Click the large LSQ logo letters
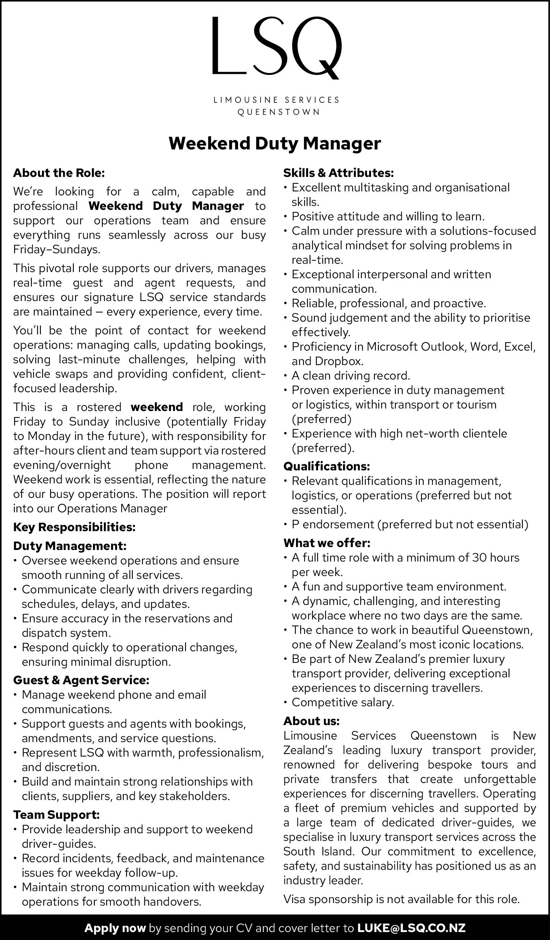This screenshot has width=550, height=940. click(276, 47)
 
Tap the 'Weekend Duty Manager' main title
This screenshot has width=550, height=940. click(275, 144)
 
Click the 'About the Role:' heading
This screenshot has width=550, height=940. click(59, 173)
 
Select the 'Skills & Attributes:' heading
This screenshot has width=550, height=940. click(338, 173)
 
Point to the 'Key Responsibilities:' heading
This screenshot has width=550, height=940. click(74, 527)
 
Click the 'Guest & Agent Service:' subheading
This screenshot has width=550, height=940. click(81, 680)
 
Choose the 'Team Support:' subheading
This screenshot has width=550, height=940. click(56, 815)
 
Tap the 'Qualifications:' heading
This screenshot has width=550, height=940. click(326, 466)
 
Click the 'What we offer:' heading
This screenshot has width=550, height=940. click(326, 543)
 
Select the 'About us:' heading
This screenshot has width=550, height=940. click(311, 721)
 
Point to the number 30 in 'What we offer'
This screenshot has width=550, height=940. click(480, 558)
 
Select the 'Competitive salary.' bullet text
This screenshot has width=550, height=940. click(343, 702)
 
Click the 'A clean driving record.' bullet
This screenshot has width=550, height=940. click(351, 376)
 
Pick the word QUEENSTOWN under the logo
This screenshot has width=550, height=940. click(279, 112)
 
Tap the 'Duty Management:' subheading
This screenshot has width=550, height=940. click(70, 546)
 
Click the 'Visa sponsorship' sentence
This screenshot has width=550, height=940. click(402, 899)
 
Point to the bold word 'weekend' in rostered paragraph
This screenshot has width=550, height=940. click(157, 407)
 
